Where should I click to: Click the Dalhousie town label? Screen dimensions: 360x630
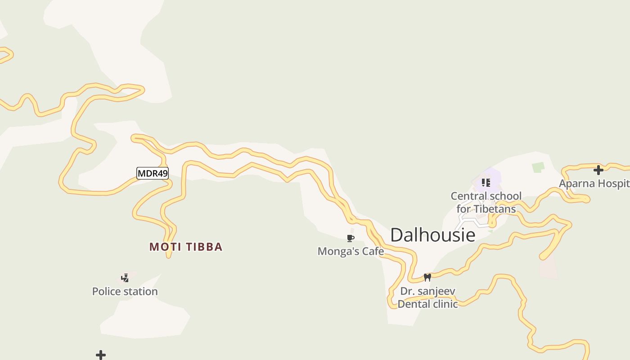[x=432, y=235]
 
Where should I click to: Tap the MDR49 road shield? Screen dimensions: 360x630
[x=153, y=173]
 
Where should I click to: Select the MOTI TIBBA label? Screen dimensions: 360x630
[x=186, y=247]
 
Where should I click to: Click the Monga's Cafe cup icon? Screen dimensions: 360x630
[x=351, y=238]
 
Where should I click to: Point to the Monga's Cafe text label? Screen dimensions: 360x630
[x=351, y=251]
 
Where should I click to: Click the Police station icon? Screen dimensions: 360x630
[x=125, y=278]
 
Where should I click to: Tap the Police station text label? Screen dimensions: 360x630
[x=125, y=292]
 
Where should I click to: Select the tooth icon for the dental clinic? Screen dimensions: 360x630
[x=427, y=277]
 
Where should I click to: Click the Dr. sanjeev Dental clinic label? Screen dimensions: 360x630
[x=427, y=297]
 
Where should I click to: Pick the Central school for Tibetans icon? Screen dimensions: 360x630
[x=486, y=182]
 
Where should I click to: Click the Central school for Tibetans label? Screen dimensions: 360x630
[x=486, y=202]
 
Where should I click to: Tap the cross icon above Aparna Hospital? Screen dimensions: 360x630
[x=598, y=170]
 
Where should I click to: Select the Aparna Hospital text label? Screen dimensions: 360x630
[x=594, y=184]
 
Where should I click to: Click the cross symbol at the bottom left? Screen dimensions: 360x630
[x=101, y=355]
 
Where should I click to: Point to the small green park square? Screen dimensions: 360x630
[x=538, y=167]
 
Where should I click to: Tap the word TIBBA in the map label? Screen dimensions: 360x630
[x=205, y=247]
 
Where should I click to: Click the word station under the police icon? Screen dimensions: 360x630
[x=142, y=292]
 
